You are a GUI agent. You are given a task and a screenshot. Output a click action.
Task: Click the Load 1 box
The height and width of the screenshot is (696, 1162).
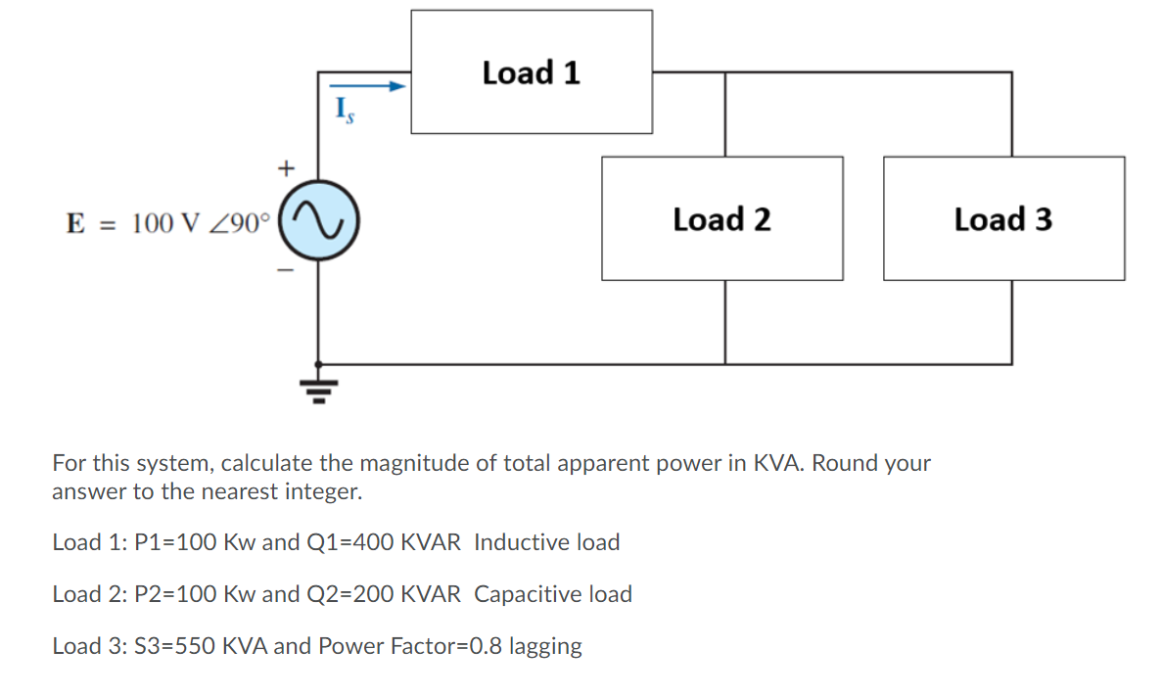pyautogui.click(x=532, y=72)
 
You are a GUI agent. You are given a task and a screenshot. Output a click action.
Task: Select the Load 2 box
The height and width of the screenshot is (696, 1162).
pyautogui.click(x=721, y=219)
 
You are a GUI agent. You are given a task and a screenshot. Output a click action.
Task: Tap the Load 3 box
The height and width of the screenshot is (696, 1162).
pyautogui.click(x=1003, y=219)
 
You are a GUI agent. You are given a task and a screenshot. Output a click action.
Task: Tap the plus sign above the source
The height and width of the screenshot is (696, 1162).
pyautogui.click(x=285, y=168)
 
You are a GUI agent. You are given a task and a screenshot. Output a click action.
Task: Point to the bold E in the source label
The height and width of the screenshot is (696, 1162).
pyautogui.click(x=74, y=223)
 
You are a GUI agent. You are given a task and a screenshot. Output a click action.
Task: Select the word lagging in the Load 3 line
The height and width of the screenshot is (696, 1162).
pyautogui.click(x=544, y=646)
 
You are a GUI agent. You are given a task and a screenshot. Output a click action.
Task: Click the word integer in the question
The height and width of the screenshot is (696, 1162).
pyautogui.click(x=323, y=491)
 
